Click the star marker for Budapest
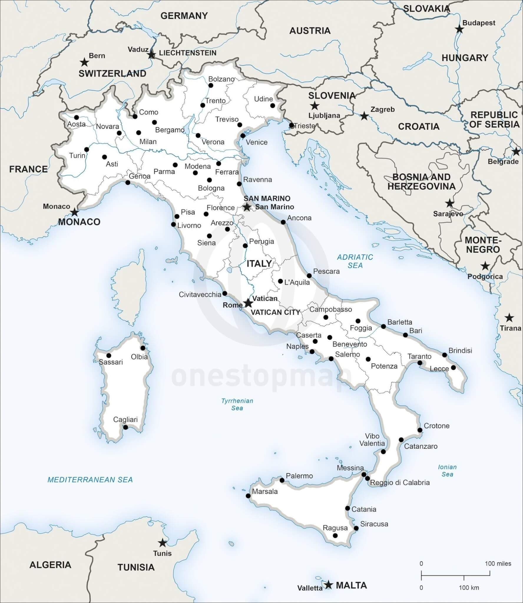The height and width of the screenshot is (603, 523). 459,29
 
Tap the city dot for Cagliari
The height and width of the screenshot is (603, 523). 126,427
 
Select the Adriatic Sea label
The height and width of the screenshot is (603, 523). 355,261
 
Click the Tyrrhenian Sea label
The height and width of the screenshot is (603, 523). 237,404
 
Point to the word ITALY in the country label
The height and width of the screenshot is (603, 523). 259,264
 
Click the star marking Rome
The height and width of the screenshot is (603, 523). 248,303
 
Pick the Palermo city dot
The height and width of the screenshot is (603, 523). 282,480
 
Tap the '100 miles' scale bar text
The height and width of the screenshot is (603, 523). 498,564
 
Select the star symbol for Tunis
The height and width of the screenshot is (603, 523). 162,543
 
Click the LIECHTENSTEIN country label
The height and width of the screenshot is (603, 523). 188,53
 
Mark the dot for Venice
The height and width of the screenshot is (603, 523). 243,136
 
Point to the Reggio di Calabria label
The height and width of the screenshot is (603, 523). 400,483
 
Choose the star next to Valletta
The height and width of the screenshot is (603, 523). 328,584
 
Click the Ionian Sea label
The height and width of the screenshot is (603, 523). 447,471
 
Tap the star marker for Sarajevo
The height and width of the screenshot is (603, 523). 449,203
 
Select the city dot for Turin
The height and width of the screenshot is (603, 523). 87,150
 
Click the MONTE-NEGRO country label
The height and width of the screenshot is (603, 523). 483,245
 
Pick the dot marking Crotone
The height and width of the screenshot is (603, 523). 420,430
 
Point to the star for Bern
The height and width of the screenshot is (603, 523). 85,62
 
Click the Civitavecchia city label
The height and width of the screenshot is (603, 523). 200,294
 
